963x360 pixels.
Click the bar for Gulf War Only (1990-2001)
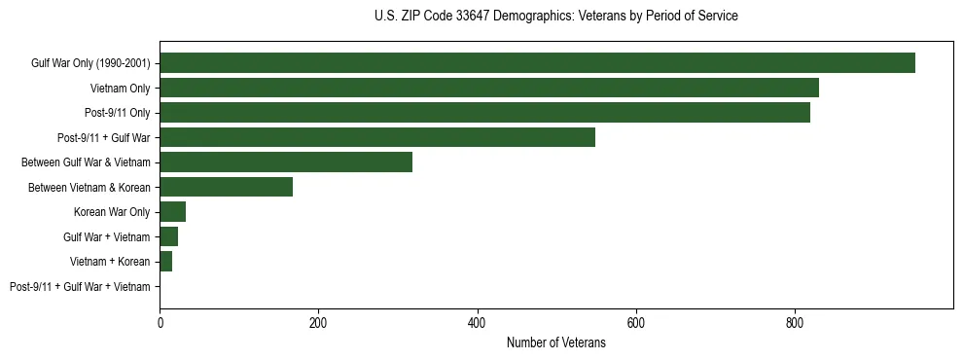[x=537, y=63]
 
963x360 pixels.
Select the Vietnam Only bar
[x=489, y=88]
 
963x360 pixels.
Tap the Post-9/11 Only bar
[x=484, y=113]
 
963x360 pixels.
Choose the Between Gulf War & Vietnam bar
[x=286, y=162]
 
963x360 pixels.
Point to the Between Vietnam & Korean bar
[x=226, y=187]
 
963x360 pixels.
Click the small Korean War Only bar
[x=173, y=212]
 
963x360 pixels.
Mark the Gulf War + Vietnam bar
[x=169, y=236]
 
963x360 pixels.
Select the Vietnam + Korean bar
[x=166, y=262]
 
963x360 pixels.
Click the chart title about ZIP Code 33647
[x=555, y=17]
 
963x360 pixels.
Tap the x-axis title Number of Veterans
[x=555, y=343]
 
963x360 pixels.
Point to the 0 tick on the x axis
[x=160, y=323]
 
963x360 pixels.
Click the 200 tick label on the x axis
[x=318, y=323]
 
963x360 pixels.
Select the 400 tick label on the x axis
[x=477, y=323]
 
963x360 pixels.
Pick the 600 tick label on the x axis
[x=636, y=323]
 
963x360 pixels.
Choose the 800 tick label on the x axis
[x=795, y=323]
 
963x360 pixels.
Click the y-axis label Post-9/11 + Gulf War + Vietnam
[x=80, y=287]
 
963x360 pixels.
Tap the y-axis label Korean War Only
[x=112, y=212]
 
